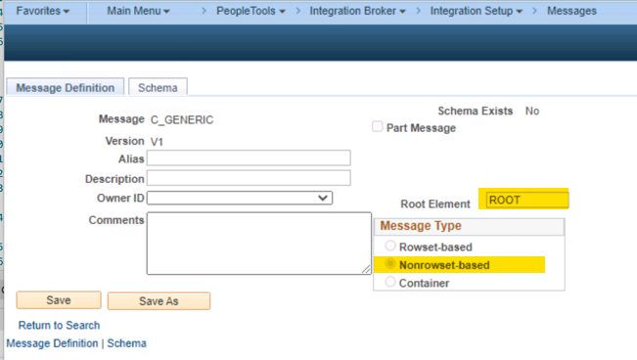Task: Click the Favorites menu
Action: [x=43, y=11]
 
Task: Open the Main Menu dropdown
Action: [x=137, y=11]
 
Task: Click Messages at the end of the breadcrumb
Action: [x=572, y=11]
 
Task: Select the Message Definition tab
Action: [x=66, y=87]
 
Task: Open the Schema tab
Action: [x=158, y=87]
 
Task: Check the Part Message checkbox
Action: [x=378, y=127]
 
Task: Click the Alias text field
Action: [x=249, y=158]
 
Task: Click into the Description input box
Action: [x=249, y=178]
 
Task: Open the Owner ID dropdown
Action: [x=240, y=198]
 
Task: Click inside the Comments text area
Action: [x=258, y=243]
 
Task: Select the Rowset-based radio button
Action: [x=391, y=247]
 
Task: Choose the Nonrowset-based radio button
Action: [x=391, y=265]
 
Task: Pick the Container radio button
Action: [x=391, y=283]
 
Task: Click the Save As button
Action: [x=159, y=301]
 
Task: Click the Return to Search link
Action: [x=59, y=325]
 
